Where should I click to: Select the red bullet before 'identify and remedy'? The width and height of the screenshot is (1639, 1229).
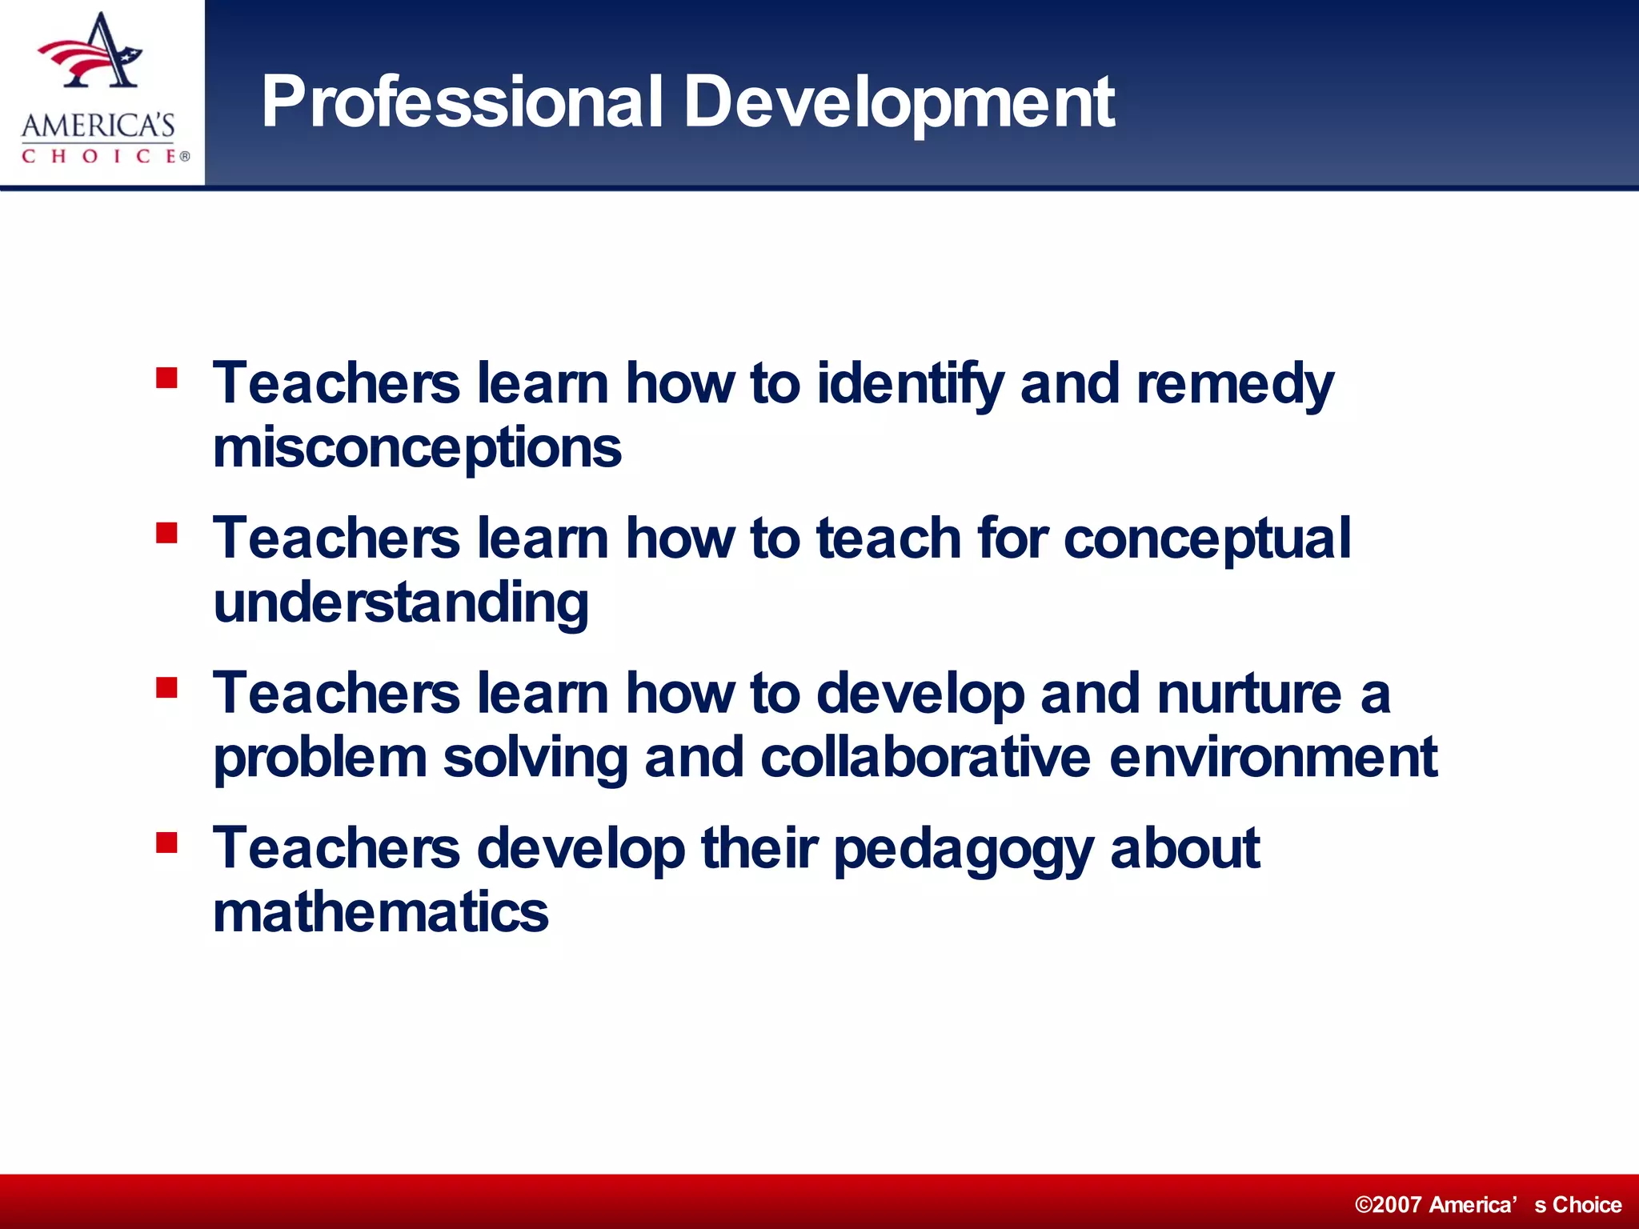tap(166, 377)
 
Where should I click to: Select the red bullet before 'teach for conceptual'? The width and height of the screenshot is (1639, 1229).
tap(166, 532)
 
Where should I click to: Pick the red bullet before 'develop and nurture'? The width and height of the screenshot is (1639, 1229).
tap(166, 687)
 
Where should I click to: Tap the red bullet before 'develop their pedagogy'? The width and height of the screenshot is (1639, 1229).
tap(166, 842)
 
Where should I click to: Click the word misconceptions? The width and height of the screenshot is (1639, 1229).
tap(417, 448)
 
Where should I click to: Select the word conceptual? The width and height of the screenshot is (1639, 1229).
tap(1207, 538)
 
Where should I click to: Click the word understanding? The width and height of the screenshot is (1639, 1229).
tap(401, 603)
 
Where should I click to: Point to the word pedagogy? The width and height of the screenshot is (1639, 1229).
tap(963, 848)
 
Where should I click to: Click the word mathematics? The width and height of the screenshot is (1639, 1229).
tap(381, 912)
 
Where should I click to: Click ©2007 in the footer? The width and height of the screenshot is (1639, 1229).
tap(1389, 1204)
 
